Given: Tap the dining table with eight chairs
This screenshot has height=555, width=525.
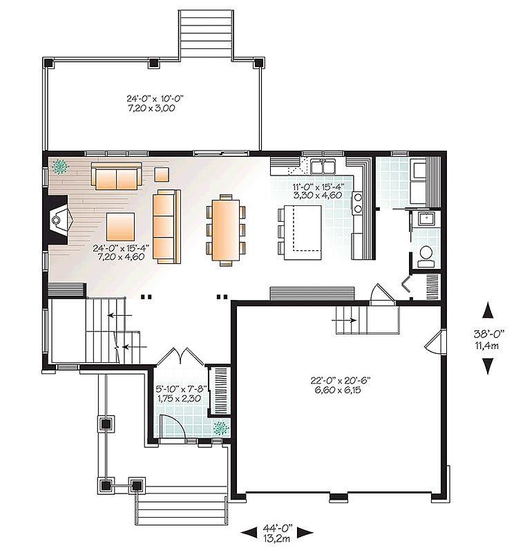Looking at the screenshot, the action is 226,229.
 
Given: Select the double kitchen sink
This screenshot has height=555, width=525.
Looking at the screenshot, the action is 323,166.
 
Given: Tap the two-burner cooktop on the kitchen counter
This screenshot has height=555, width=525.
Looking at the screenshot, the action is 358,203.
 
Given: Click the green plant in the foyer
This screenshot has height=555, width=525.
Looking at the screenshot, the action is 221,428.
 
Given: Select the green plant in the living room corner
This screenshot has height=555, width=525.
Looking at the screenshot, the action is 60,167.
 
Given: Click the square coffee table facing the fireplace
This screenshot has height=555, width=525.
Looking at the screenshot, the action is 120,227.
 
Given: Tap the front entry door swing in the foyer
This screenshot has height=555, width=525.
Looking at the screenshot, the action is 172,428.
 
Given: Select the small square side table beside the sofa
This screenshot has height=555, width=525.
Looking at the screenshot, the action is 162,174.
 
